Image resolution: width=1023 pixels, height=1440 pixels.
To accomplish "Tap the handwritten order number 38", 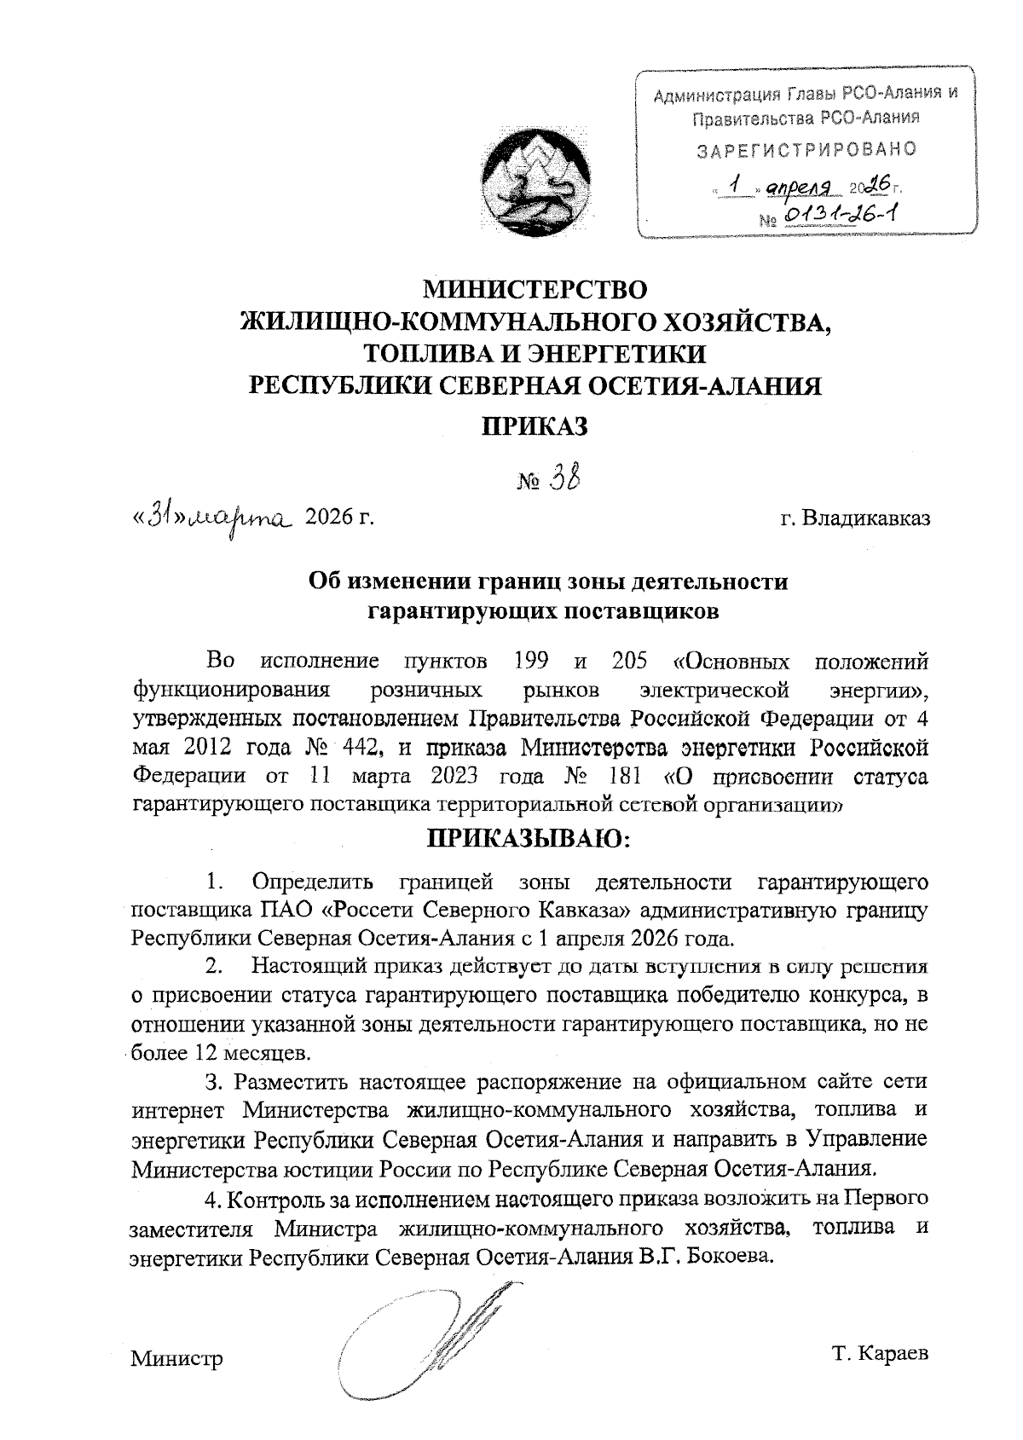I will [564, 479].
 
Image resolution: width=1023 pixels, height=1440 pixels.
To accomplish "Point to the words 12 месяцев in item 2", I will [252, 1052].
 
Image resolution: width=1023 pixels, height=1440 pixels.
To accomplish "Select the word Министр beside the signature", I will [176, 1358].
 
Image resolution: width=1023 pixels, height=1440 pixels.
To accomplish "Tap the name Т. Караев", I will [881, 1353].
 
